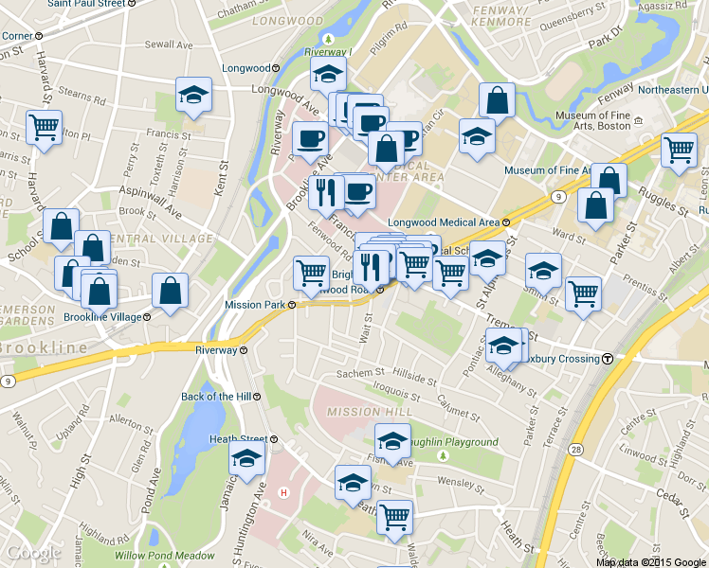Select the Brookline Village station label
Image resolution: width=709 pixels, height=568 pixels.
pyautogui.click(x=103, y=316)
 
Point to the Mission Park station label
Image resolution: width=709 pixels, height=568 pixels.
pyautogui.click(x=256, y=305)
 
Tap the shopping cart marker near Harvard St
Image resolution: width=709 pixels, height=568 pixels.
pyautogui.click(x=44, y=127)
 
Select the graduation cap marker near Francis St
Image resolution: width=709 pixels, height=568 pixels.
pyautogui.click(x=193, y=96)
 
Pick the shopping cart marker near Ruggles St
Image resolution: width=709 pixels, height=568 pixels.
pyautogui.click(x=679, y=150)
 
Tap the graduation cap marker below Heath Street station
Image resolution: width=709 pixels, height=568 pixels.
pyautogui.click(x=246, y=462)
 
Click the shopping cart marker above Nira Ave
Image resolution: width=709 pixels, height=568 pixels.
pyautogui.click(x=394, y=518)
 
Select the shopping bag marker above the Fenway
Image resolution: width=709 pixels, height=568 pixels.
pyautogui.click(x=497, y=99)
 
